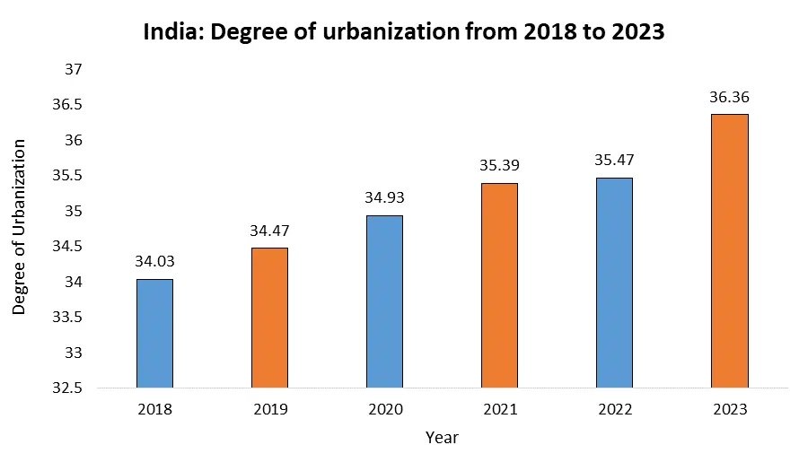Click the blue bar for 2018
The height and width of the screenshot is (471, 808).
point(154,334)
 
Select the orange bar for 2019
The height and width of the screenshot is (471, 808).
point(269,318)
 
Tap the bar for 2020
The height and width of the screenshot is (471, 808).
point(384,301)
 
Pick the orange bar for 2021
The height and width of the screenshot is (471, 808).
point(499,285)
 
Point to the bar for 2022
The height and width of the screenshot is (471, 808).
point(614,283)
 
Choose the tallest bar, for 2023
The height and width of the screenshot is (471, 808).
point(729,251)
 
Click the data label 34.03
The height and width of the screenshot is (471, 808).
point(154,262)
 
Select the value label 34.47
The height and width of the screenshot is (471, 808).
point(269,231)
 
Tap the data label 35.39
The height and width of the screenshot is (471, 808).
point(499,166)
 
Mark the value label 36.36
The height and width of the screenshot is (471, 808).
point(729,97)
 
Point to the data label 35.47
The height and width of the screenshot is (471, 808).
point(614,161)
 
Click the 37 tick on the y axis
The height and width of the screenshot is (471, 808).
point(75,69)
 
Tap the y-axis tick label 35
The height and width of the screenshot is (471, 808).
point(75,212)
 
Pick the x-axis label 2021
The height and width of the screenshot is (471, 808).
point(499,409)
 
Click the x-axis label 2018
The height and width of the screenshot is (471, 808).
point(154,409)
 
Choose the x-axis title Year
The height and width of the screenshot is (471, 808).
point(442,438)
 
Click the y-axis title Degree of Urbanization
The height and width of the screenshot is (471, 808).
point(20,226)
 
